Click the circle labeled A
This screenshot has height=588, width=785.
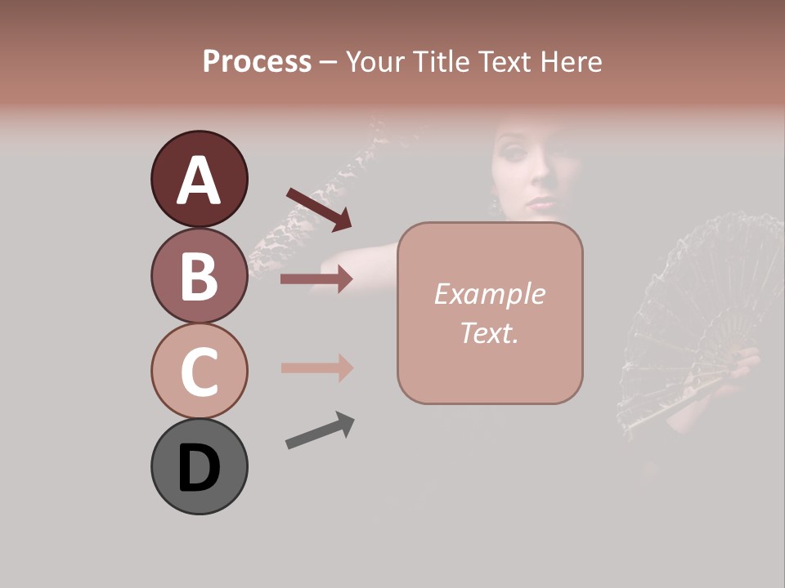199,179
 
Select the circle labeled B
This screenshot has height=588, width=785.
199,275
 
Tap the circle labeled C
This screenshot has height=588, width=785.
199,371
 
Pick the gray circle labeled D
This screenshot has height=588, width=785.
199,466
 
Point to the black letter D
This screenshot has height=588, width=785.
199,468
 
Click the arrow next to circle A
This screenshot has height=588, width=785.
319,209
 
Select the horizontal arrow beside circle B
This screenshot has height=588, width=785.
316,279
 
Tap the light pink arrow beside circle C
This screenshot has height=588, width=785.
316,367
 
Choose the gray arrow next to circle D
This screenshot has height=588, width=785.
320,430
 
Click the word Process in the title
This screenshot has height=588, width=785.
257,61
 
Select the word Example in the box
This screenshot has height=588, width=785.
489,294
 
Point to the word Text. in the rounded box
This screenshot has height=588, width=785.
489,332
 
